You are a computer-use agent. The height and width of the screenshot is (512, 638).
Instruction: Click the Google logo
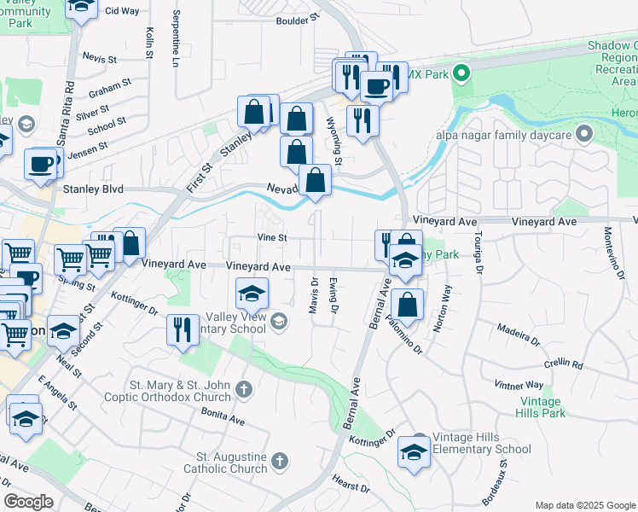click(29, 502)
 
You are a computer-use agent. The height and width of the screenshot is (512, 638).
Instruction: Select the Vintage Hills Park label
click(540, 407)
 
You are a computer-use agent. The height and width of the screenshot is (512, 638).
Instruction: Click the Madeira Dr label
click(519, 334)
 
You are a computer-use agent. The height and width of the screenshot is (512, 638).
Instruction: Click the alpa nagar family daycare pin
click(584, 133)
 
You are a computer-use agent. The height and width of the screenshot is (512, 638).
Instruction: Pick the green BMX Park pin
click(461, 73)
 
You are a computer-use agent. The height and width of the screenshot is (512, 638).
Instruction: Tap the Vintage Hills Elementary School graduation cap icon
click(414, 451)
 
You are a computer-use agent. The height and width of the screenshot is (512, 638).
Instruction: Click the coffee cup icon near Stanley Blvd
click(40, 162)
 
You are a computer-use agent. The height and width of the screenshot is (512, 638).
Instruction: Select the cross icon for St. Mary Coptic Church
click(244, 390)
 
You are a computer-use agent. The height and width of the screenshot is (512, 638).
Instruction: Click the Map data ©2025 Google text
click(584, 505)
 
